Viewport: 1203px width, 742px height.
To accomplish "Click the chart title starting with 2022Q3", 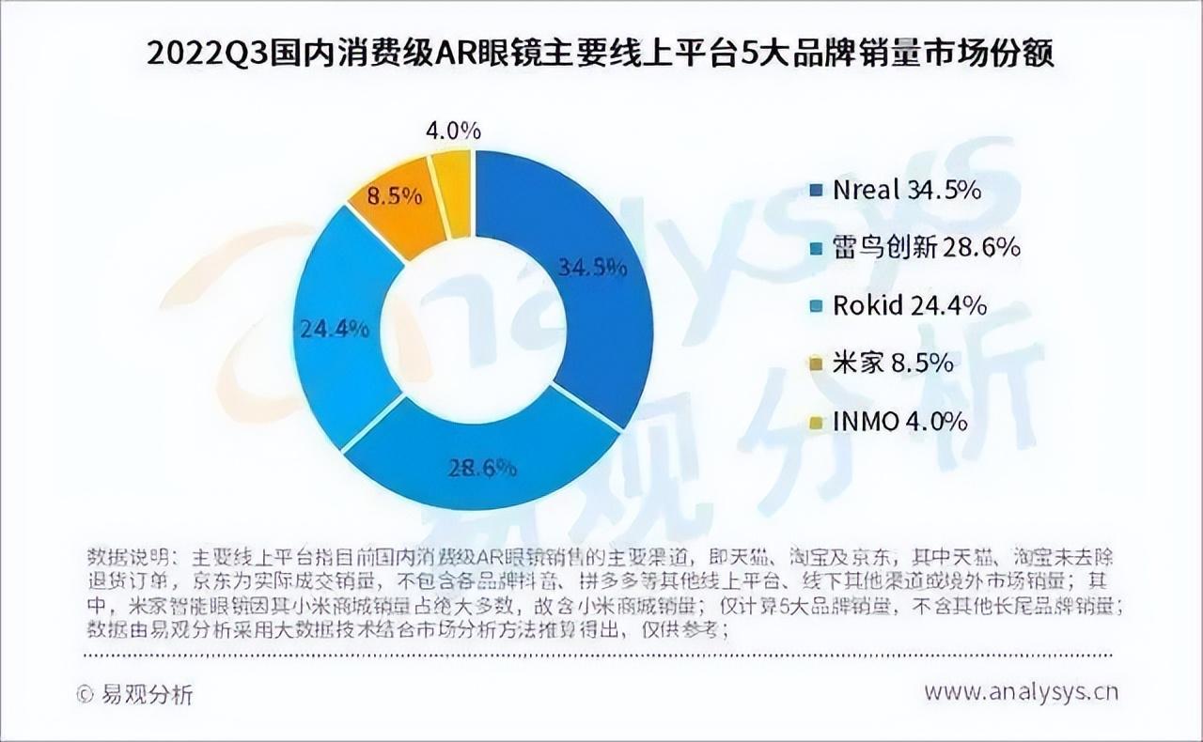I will [x=601, y=54].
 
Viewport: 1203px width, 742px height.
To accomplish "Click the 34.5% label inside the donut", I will [x=592, y=268].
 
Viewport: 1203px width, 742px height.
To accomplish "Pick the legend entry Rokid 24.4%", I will [x=898, y=305].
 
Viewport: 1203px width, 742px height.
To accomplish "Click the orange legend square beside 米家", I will [x=816, y=363].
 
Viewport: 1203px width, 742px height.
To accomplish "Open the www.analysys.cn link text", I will [x=1021, y=692].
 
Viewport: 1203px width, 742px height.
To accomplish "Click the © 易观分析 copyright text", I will [x=135, y=694].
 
